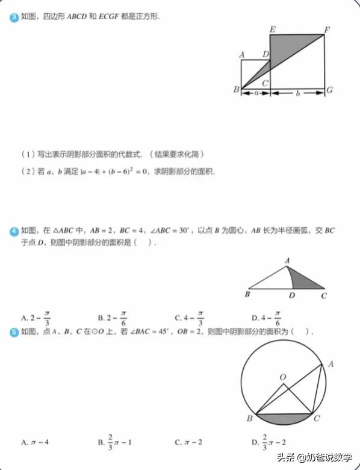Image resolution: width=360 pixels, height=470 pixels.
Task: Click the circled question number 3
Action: click(14, 17)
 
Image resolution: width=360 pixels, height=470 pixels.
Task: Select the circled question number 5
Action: click(14, 332)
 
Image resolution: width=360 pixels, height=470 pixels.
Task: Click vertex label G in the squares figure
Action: click(329, 90)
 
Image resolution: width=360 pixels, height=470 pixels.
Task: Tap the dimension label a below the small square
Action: click(256, 93)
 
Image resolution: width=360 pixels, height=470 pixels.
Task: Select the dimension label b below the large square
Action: click(297, 93)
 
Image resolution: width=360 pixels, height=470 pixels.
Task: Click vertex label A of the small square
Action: click(241, 55)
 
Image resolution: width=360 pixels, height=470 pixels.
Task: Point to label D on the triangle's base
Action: click(292, 295)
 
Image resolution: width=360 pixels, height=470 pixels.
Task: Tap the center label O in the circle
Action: click(282, 376)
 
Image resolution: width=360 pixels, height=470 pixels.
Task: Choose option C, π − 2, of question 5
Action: click(186, 443)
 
